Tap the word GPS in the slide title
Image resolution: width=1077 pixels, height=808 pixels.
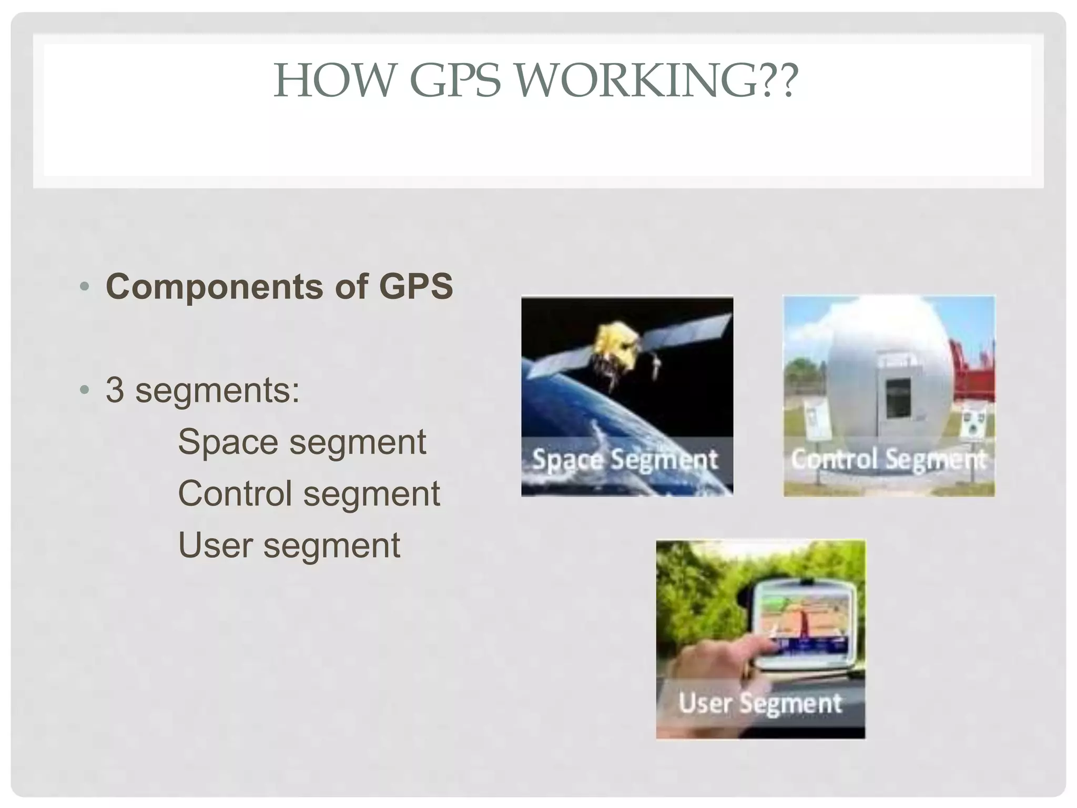455,80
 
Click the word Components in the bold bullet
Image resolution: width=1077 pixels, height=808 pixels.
215,287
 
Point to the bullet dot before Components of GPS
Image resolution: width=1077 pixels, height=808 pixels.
84,287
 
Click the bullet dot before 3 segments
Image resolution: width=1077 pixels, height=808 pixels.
84,390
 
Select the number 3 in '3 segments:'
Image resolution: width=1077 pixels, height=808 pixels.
115,390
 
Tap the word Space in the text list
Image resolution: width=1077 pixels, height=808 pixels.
227,442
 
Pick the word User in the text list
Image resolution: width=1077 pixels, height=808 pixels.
215,545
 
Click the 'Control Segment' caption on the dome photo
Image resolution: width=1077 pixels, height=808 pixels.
889,459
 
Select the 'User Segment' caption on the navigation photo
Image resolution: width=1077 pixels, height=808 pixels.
760,703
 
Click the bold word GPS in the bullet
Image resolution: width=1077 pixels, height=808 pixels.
415,287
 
